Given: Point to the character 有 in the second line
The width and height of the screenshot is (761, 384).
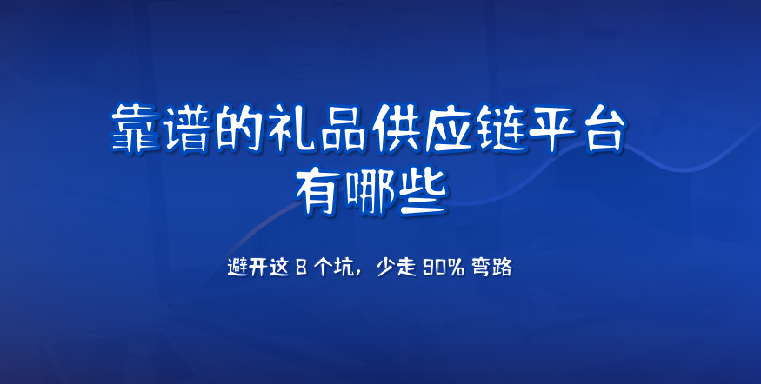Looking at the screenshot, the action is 318,192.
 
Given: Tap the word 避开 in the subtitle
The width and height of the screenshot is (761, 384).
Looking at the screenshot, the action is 248,268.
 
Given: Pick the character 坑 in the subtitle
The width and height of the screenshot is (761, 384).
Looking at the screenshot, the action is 344,268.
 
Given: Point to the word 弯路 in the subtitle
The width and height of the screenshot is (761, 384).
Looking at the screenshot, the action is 491,268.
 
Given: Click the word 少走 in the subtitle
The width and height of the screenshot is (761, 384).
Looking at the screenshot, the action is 397,268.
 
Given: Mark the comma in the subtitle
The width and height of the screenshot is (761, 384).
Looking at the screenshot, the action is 358,274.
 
